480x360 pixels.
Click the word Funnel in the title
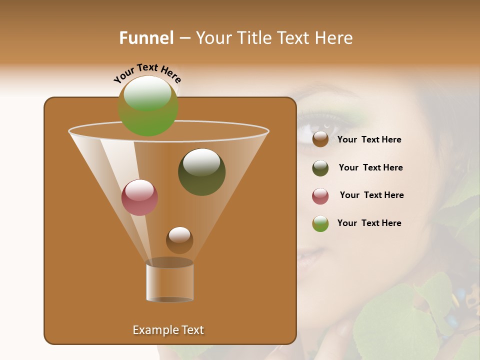[x=146, y=38]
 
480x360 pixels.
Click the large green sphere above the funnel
[x=148, y=105]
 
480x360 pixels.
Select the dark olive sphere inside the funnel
[x=201, y=172]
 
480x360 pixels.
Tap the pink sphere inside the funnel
[x=140, y=197]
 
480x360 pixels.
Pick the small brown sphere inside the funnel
[x=179, y=240]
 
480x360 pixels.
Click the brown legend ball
[x=320, y=139]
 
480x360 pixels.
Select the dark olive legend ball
[x=320, y=168]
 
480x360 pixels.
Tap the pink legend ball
[x=320, y=196]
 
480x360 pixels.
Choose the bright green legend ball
[x=320, y=223]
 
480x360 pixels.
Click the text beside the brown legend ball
[x=369, y=140]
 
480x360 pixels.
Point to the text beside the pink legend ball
[x=371, y=195]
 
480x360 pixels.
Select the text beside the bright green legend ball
[x=369, y=223]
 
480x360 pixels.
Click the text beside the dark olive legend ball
[x=370, y=167]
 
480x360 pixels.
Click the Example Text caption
[x=168, y=330]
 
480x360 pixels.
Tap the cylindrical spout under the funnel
[x=169, y=281]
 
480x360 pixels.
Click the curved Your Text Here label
[x=147, y=72]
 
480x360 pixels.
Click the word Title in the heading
[x=255, y=38]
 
